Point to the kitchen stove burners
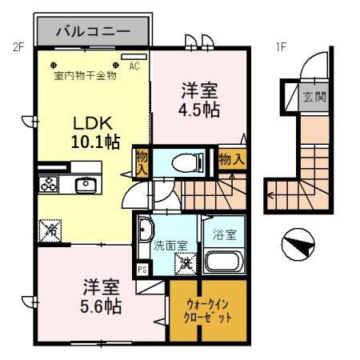49,186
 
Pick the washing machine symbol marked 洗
185,260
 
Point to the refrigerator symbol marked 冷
49,230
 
